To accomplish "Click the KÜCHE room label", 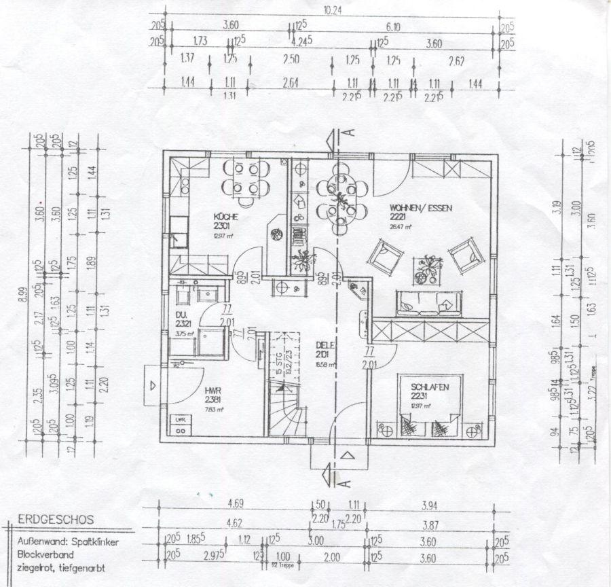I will point(224,216).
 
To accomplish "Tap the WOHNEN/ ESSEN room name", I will point(420,207).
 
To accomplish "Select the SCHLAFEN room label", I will point(430,387).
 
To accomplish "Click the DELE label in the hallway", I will point(322,344).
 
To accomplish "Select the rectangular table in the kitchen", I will point(246,179).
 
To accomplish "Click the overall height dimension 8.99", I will point(26,293).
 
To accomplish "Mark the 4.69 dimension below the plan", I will point(236,504).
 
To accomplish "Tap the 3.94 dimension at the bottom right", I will point(432,505).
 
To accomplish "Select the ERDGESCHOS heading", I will point(56,520).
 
